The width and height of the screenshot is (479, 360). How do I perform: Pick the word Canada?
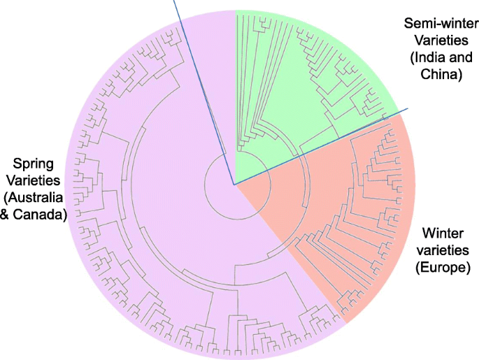click(41, 215)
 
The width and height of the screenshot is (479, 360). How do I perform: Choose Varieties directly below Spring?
click(34, 181)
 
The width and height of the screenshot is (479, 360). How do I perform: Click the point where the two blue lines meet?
click(234, 185)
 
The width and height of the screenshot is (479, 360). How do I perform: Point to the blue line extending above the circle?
click(178, 10)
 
